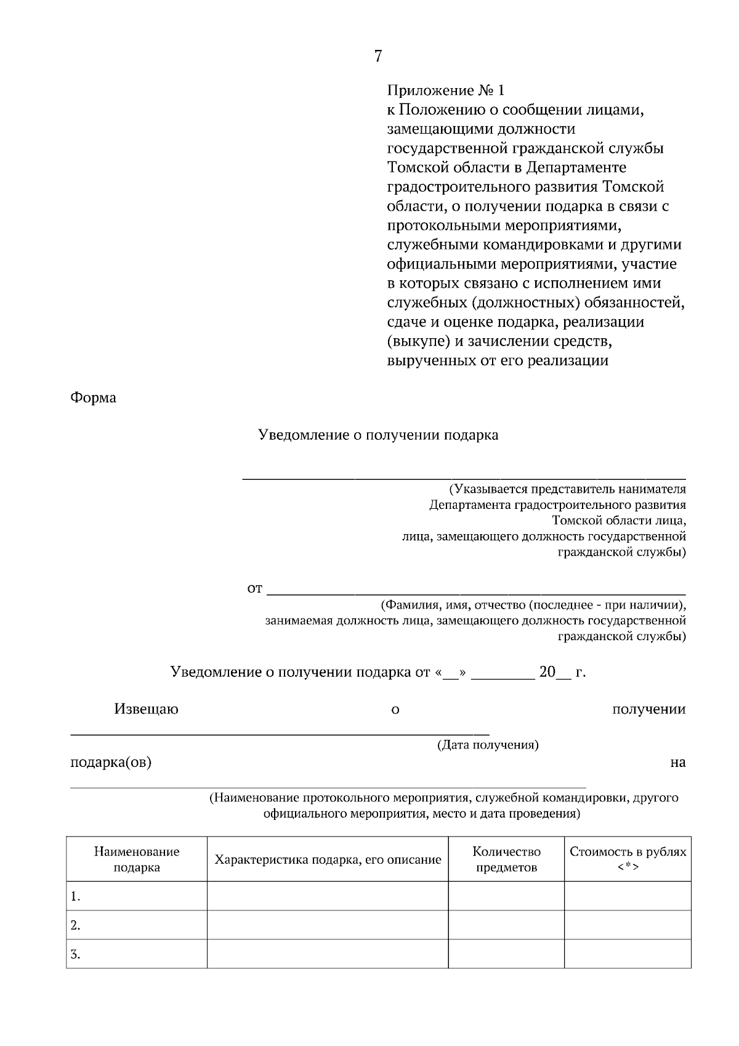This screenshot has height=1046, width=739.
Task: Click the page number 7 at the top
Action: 378,57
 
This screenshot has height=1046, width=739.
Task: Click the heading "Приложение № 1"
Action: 445,91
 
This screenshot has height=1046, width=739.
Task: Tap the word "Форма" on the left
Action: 93,398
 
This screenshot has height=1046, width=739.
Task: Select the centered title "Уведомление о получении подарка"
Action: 378,436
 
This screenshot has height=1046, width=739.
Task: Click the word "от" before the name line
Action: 254,588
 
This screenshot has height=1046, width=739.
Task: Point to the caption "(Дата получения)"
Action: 488,745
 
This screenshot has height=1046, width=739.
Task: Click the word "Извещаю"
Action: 146,709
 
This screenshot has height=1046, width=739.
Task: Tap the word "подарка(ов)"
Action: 111,762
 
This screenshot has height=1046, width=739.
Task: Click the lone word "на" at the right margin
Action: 677,763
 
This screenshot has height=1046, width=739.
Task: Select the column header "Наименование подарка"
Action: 137,859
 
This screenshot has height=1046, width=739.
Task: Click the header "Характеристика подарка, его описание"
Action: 328,859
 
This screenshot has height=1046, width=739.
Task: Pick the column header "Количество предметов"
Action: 506,859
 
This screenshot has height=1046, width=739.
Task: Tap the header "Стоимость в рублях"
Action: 627,853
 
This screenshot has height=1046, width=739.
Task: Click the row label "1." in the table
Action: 76,897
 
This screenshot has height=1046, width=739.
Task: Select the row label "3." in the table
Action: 76,955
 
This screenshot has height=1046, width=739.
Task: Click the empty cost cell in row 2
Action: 627,925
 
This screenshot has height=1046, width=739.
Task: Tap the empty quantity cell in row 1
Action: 506,896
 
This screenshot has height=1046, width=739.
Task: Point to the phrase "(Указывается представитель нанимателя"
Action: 567,490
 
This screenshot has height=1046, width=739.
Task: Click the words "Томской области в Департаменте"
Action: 506,168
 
